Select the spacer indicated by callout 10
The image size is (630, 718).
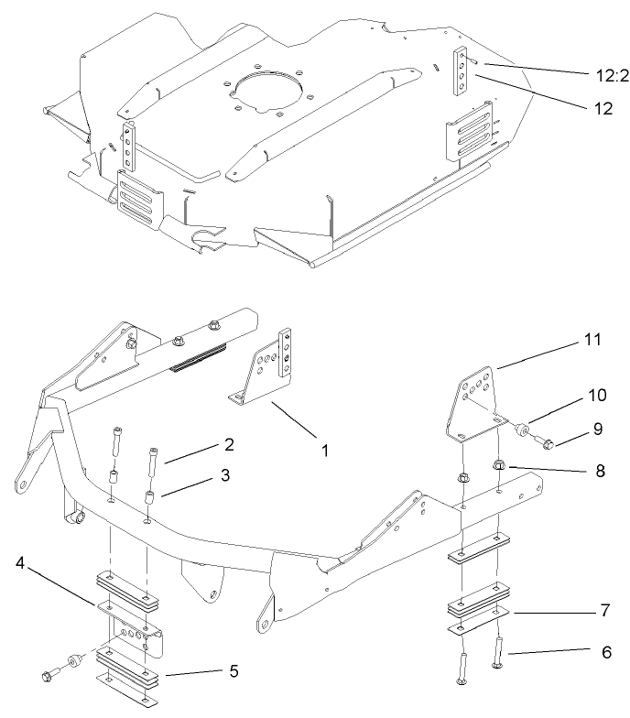pyautogui.click(x=523, y=428)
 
